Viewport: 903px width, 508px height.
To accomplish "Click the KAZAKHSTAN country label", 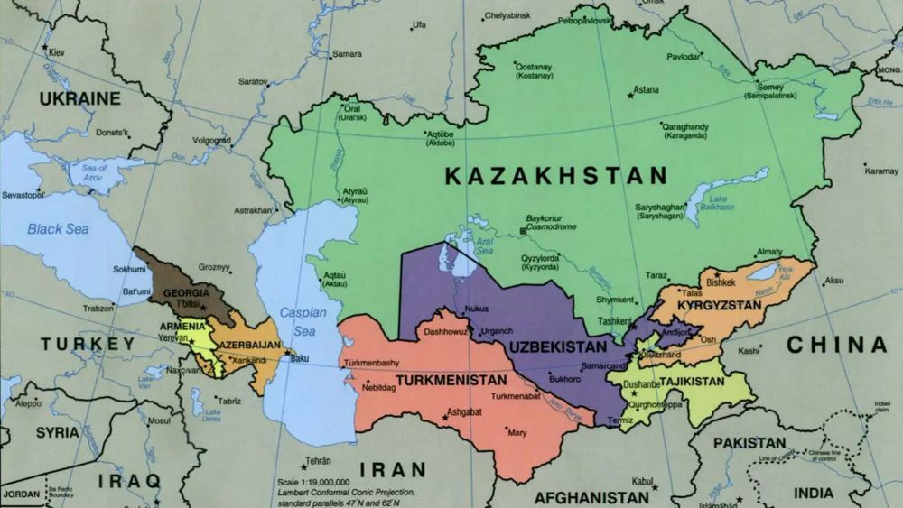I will click(x=555, y=176).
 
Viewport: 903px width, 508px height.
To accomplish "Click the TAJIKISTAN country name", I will click(x=692, y=382).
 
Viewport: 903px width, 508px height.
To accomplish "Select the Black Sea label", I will click(x=58, y=229).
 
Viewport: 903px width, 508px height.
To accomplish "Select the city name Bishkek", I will click(x=721, y=282).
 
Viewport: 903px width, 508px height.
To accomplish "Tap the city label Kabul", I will click(x=643, y=481).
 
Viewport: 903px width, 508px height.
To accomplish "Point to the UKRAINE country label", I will click(x=80, y=97).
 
